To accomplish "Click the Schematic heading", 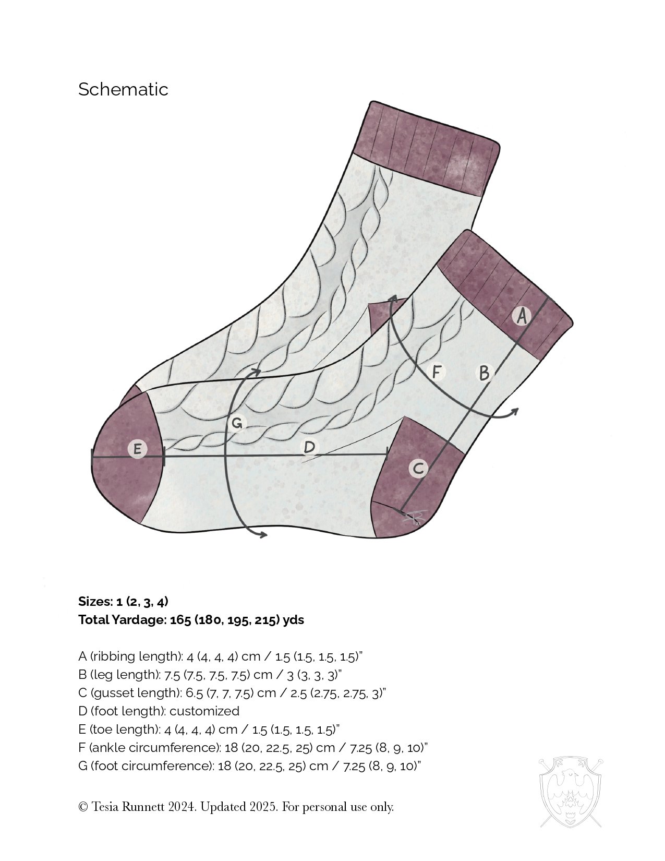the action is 123,89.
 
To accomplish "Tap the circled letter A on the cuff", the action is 521,316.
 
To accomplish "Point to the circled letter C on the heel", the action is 418,469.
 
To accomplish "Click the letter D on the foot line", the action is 309,447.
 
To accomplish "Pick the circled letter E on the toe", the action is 137,449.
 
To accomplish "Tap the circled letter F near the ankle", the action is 437,372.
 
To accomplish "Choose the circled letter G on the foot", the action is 236,423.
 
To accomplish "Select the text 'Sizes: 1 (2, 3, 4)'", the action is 123,601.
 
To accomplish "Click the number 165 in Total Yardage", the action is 180,620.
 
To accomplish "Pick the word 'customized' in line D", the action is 204,711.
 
